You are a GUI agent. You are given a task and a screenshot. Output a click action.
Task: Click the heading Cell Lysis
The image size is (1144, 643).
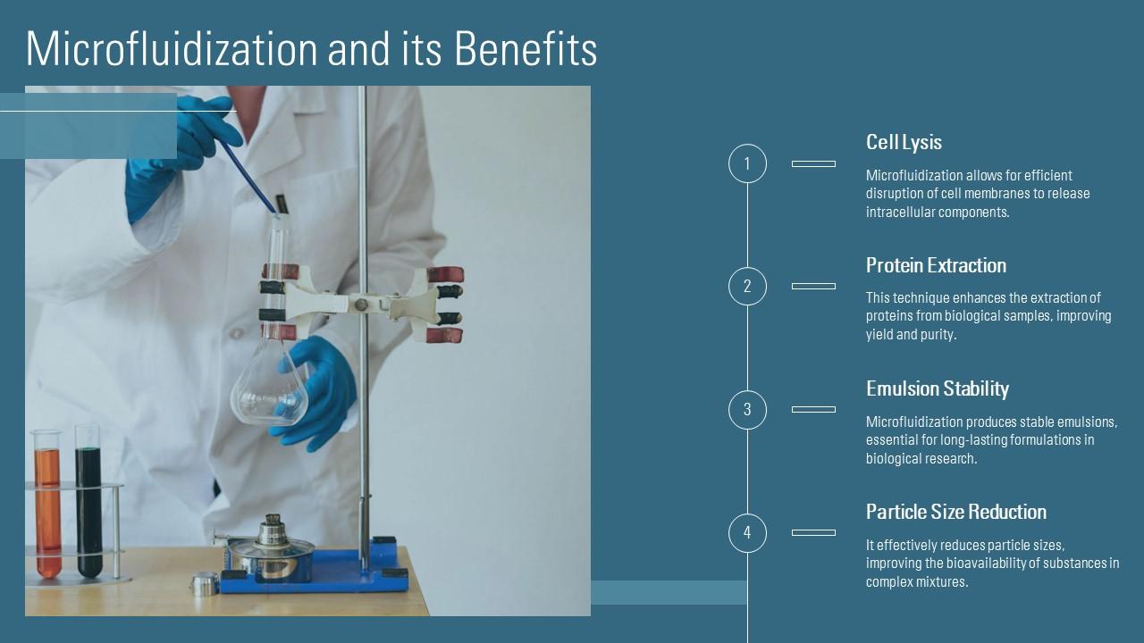pos(904,142)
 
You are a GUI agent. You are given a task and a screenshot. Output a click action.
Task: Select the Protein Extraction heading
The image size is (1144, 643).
pos(936,265)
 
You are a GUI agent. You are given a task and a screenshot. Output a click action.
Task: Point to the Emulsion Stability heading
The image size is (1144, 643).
pos(938,388)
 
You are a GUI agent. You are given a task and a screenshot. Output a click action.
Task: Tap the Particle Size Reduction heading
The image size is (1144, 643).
pos(956,512)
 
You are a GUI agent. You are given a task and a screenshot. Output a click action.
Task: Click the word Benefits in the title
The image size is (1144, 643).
pos(526,48)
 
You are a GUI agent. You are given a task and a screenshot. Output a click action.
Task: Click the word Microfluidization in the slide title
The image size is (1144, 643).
pos(172,48)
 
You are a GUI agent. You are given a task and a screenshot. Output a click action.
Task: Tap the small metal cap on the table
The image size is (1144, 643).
pos(205,584)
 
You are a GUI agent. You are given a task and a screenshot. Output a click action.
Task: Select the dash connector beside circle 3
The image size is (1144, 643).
pos(813,409)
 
